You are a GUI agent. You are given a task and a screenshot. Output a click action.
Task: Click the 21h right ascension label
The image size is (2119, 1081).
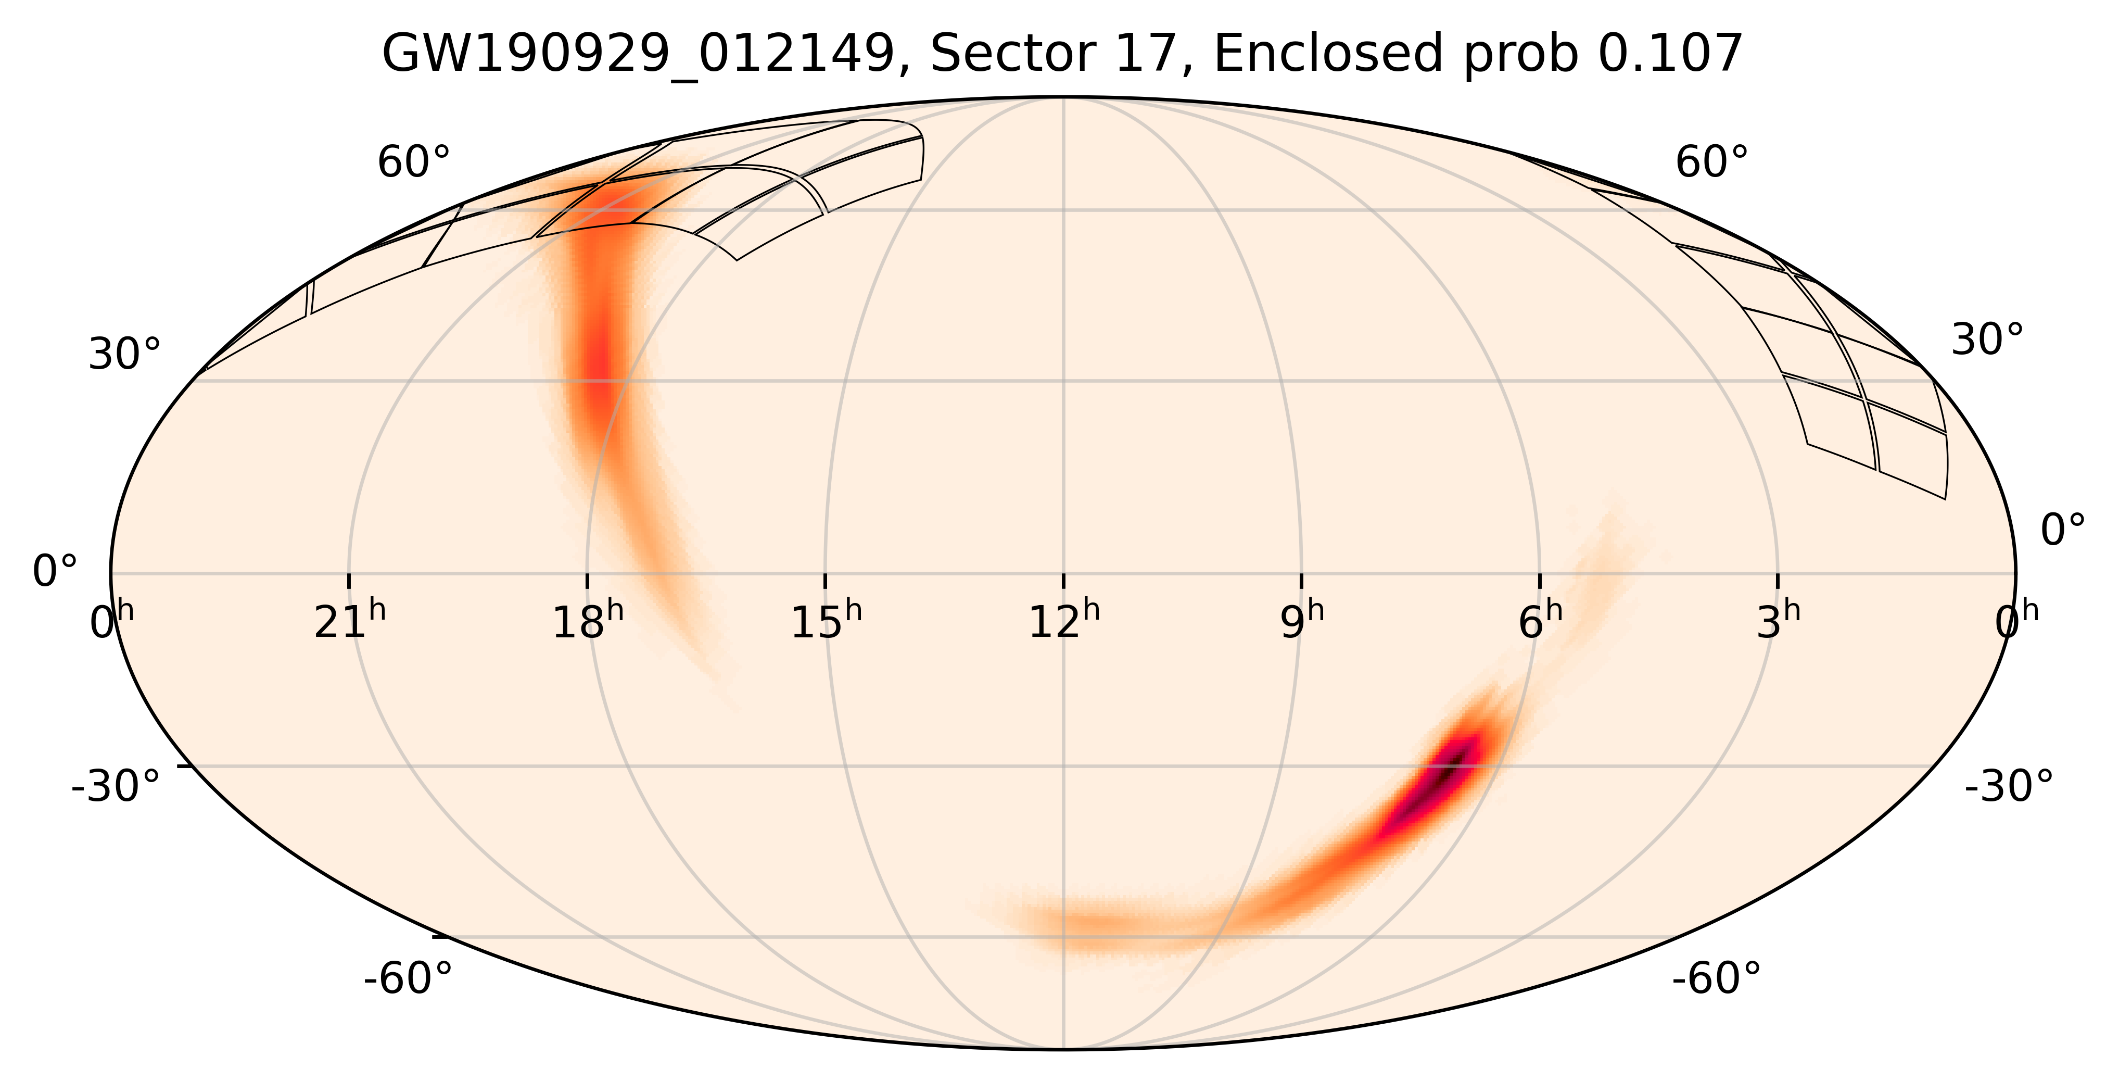[x=350, y=623]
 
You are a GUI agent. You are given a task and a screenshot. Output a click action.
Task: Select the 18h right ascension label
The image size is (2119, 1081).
[x=587, y=623]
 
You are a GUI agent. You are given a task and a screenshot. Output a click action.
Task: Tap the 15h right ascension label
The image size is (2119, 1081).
[x=826, y=623]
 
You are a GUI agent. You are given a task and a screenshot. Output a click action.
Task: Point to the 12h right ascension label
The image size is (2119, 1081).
[x=1063, y=623]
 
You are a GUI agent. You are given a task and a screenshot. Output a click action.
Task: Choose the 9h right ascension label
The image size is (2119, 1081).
[x=1302, y=623]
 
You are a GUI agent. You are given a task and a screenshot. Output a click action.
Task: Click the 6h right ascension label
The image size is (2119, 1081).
[x=1540, y=623]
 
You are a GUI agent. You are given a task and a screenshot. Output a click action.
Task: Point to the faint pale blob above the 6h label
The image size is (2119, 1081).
[x=1600, y=568]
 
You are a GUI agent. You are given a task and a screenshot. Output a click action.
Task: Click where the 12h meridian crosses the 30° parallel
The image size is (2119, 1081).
[x=1063, y=380]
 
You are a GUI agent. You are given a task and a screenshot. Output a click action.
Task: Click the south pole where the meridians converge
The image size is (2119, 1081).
[x=1063, y=1049]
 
